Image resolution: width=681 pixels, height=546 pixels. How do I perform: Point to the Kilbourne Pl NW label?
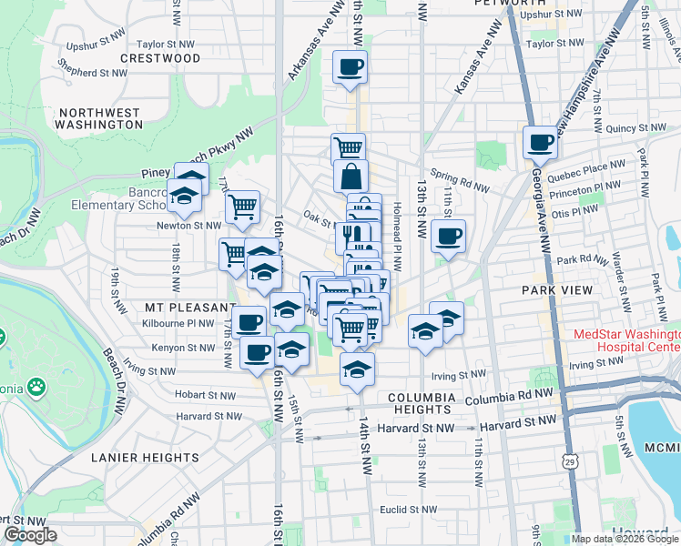coord(182,322)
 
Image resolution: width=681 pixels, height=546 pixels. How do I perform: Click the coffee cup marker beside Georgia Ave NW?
coord(540,143)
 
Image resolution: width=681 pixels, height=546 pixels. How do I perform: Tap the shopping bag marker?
coord(351,177)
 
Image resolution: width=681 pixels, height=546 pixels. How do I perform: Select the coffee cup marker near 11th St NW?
coord(448,237)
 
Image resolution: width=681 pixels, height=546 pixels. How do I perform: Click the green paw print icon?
coord(36,388)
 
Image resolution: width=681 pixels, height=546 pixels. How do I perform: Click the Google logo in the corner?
coord(29,534)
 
